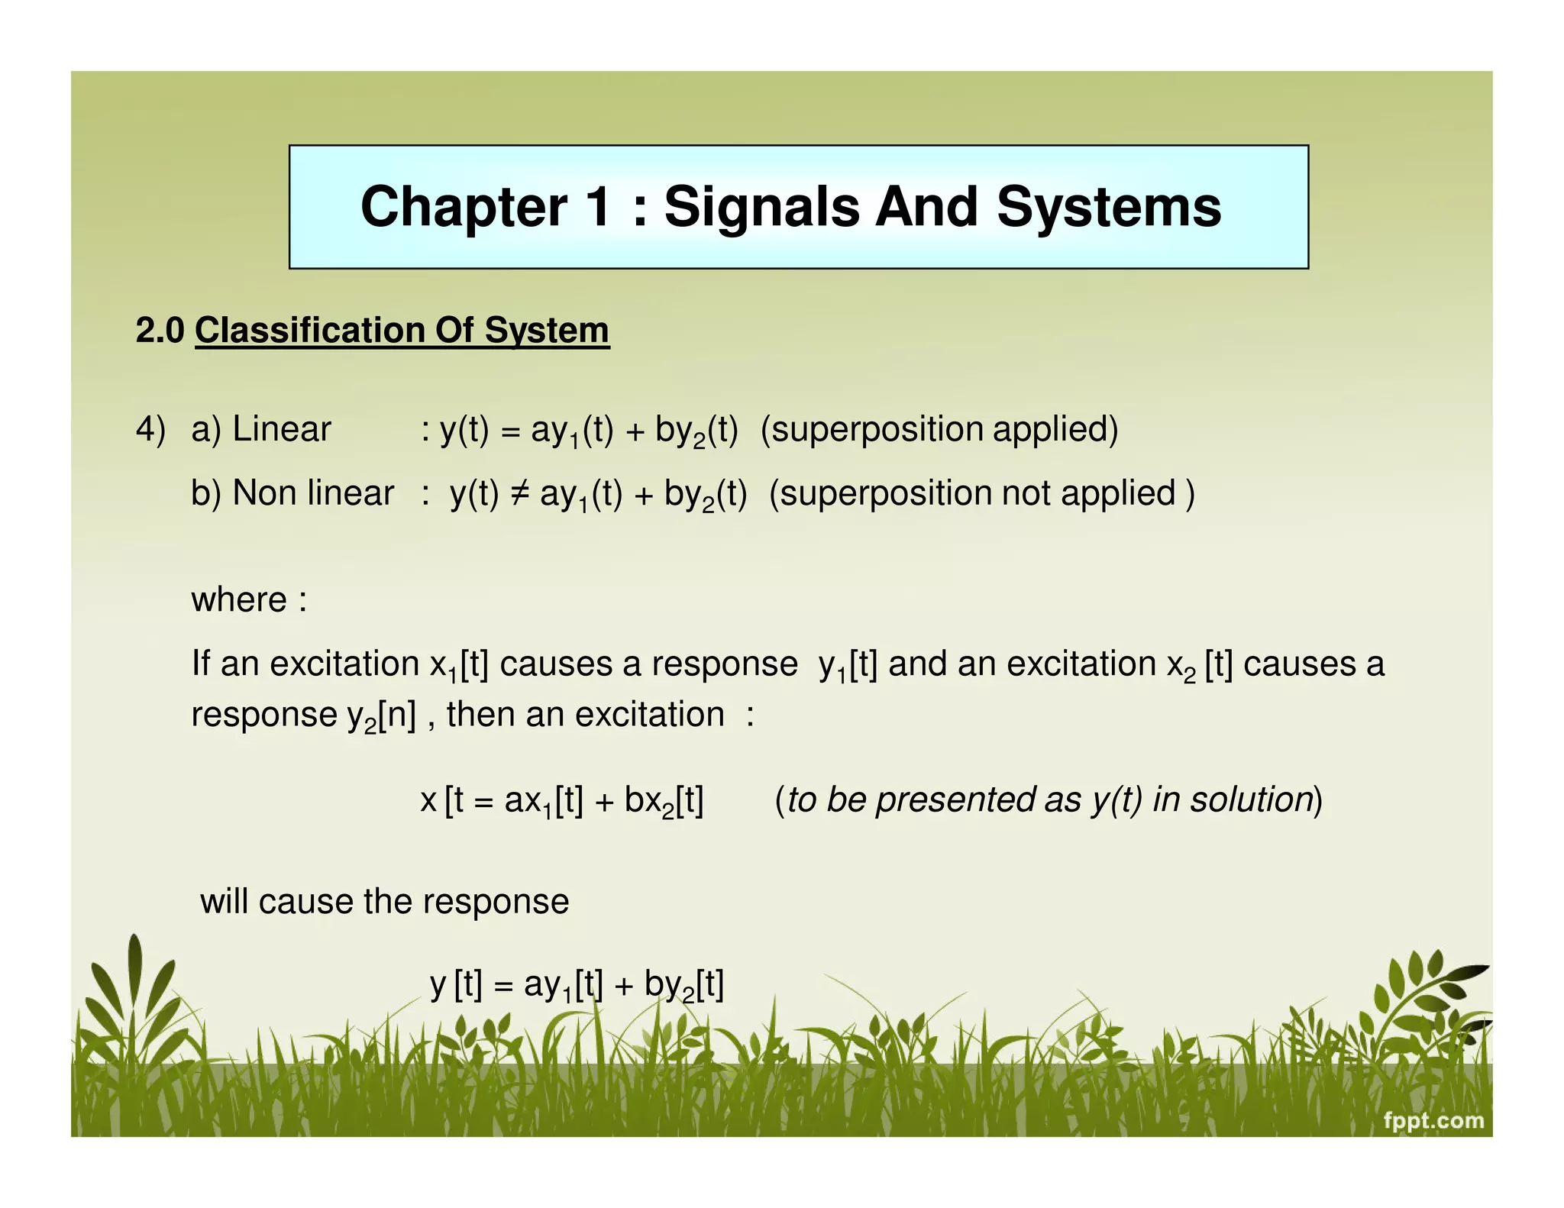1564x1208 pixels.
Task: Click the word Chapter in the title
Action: tap(464, 207)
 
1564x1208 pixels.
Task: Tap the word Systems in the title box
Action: tap(1109, 207)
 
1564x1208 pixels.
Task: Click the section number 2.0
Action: tap(160, 331)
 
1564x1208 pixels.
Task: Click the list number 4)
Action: tap(150, 429)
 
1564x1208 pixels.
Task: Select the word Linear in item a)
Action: tap(281, 429)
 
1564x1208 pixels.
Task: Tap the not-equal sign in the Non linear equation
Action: tap(519, 493)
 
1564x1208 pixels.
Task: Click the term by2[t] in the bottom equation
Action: tap(683, 985)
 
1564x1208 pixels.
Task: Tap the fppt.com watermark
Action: tap(1433, 1121)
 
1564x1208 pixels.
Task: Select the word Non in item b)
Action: tap(260, 493)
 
